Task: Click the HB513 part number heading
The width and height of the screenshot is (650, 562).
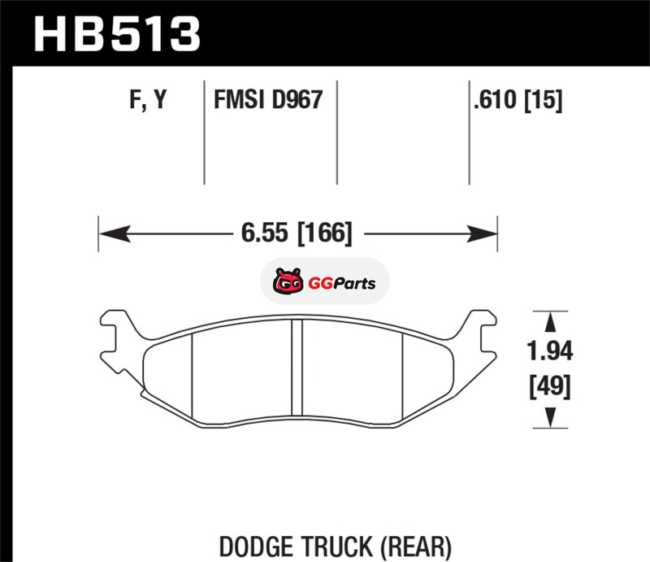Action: pos(117,34)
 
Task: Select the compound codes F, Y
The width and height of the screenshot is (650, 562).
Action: pos(148,99)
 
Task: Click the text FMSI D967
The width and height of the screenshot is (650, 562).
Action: pos(268,99)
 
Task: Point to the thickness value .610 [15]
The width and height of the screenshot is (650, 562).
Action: pos(518,100)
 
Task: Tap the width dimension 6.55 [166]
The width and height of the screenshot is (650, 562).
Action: pos(297,233)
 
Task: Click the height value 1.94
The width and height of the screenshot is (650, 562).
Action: pos(550,351)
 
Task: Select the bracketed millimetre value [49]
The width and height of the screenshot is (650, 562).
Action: pos(550,386)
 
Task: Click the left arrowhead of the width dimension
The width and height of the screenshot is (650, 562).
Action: pos(115,233)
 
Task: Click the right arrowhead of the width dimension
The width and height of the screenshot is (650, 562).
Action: pos(482,233)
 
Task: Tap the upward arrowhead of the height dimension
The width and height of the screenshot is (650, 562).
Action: pos(550,322)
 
